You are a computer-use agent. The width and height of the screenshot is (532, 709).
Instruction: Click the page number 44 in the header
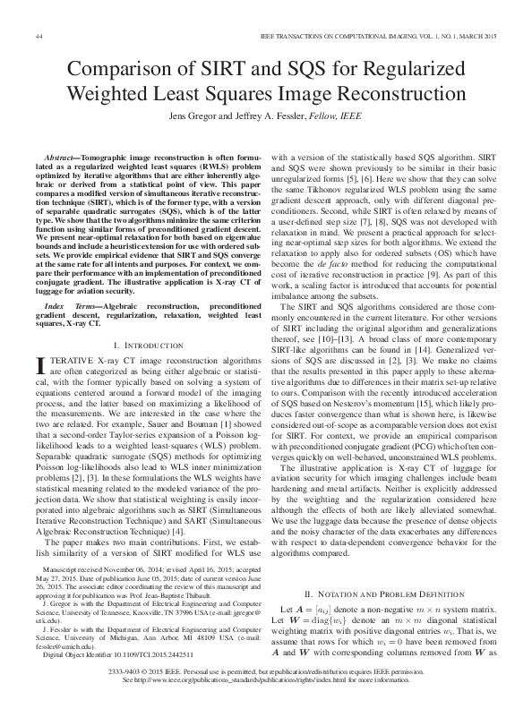pyautogui.click(x=39, y=36)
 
